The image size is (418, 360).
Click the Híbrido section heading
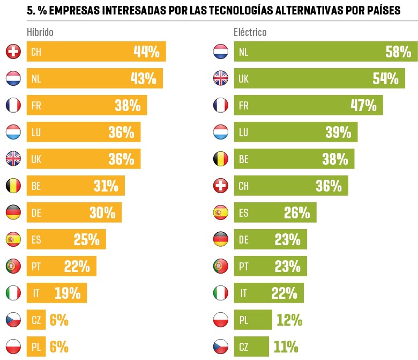[40, 32]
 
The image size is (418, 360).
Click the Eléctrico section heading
[250, 32]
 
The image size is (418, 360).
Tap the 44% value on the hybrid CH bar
[146, 52]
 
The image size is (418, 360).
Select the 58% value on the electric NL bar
[398, 52]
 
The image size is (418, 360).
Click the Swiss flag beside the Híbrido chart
[12, 52]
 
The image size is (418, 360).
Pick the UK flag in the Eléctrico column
[221, 79]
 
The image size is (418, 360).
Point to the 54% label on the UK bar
[385, 79]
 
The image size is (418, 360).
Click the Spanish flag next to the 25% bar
[12, 239]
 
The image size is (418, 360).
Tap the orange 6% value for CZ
[59, 320]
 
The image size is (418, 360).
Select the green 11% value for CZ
[286, 347]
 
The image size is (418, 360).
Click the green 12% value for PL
[289, 320]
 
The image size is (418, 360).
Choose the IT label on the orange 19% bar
[35, 293]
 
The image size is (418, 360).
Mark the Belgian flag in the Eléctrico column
[221, 159]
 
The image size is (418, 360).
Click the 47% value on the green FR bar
[363, 106]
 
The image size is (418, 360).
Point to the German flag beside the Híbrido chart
[12, 213]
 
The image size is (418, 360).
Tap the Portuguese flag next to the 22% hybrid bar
[12, 267]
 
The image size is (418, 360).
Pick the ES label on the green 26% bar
[244, 213]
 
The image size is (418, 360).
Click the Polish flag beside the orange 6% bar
[12, 347]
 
